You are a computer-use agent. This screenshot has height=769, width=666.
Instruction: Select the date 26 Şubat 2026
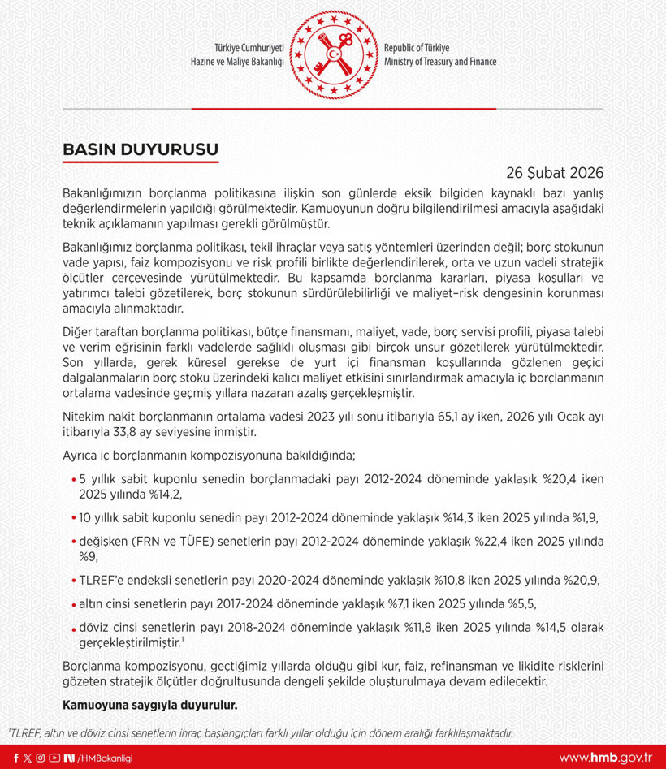pyautogui.click(x=555, y=173)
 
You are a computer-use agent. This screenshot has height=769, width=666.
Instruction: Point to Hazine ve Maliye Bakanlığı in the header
pyautogui.click(x=236, y=62)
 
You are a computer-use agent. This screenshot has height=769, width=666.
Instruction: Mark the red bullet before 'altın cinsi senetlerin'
pyautogui.click(x=74, y=603)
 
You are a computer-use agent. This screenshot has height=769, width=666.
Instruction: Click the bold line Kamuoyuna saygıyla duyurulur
pyautogui.click(x=150, y=704)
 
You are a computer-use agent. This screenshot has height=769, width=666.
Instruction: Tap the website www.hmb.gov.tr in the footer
pyautogui.click(x=605, y=758)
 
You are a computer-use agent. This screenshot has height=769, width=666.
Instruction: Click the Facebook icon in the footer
pyautogui.click(x=16, y=758)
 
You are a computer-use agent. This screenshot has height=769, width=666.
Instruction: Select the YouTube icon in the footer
pyautogui.click(x=54, y=758)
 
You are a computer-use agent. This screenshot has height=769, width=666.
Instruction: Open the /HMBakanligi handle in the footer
pyautogui.click(x=105, y=758)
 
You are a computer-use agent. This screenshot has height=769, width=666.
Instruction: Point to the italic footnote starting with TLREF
pyautogui.click(x=260, y=732)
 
